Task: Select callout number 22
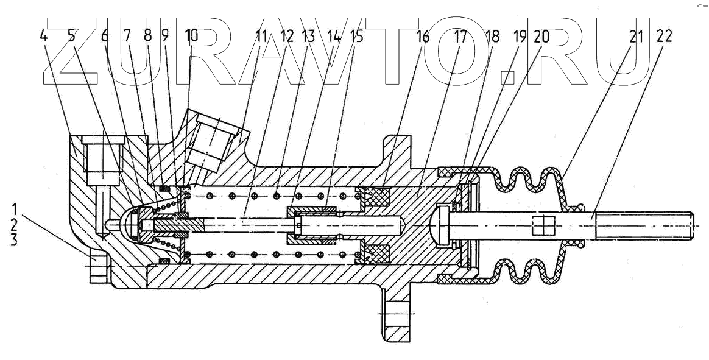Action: click(x=665, y=37)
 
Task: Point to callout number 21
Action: click(x=636, y=37)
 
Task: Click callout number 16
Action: click(x=423, y=37)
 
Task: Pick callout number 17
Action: click(x=460, y=37)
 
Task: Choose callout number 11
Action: click(x=262, y=37)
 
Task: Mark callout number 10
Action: click(x=191, y=37)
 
